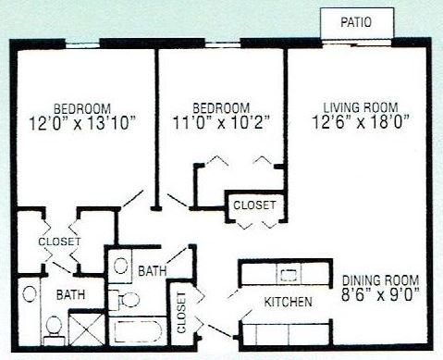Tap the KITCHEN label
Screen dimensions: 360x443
point(287,303)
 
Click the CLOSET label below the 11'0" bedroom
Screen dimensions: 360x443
point(253,205)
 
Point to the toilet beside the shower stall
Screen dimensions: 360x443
point(54,326)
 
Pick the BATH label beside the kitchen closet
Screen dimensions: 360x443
point(153,273)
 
